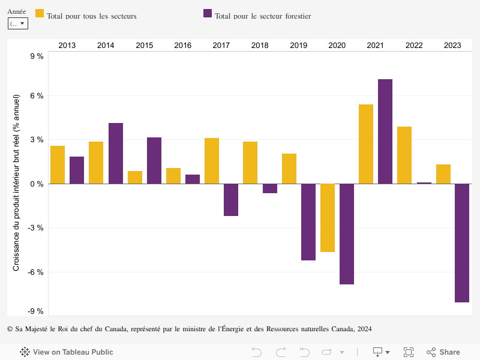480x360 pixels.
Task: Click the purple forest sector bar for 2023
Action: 462,243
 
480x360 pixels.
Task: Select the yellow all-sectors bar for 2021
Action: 366,144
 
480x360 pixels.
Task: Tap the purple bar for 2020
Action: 347,234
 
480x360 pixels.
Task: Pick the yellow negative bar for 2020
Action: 328,218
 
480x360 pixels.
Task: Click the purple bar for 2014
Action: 116,154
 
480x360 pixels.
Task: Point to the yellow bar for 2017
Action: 212,161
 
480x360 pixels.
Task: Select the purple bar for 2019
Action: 308,222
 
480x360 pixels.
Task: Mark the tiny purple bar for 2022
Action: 424,183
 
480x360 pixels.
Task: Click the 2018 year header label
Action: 260,46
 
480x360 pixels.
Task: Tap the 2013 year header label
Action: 67,46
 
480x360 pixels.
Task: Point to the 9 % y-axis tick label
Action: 37,56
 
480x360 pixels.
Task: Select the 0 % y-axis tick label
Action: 37,184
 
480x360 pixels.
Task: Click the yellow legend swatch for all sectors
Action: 40,13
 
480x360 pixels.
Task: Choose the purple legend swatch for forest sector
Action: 208,13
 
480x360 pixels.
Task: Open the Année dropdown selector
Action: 18,23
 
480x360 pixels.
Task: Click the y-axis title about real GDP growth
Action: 17,182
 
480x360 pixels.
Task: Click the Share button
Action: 443,352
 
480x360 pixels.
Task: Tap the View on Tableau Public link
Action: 67,352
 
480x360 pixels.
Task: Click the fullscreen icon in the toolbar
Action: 409,352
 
